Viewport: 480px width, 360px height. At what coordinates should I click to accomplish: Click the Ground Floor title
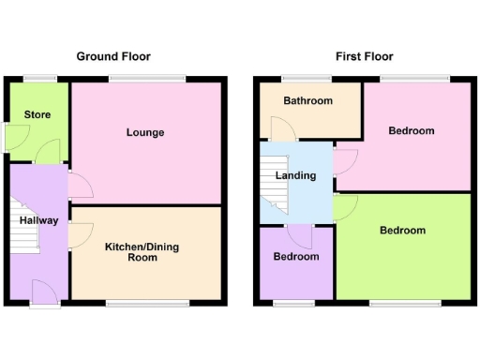113,56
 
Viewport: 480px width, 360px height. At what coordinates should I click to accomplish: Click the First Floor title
365,56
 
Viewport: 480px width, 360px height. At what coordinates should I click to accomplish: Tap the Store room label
38,115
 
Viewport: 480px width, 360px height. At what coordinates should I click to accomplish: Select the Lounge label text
145,132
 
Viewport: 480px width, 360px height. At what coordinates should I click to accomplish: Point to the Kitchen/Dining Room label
142,251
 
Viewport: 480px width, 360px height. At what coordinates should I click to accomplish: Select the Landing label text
295,175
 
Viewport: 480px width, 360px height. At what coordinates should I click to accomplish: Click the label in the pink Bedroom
412,130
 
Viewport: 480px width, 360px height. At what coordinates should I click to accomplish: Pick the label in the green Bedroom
403,230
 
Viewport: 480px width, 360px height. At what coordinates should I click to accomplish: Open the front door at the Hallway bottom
42,292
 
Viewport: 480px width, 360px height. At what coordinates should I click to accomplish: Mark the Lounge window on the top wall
146,78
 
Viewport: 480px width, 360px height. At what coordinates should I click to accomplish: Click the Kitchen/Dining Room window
145,303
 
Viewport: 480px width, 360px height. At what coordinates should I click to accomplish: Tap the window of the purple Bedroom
293,303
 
